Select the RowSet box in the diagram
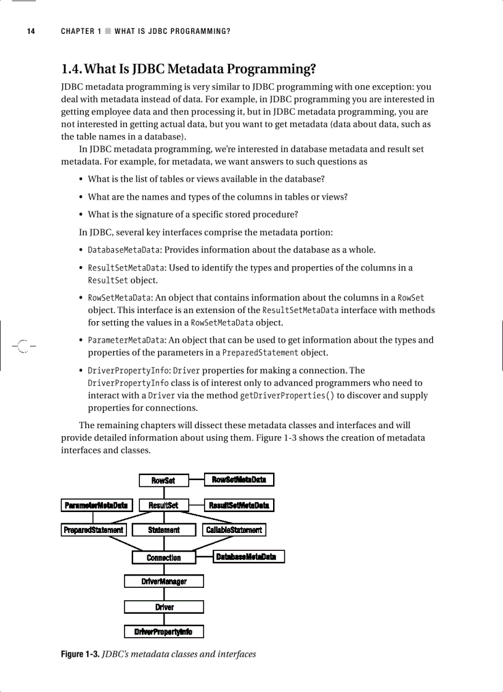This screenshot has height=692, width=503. pyautogui.click(x=163, y=480)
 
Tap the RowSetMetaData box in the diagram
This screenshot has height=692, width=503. pyautogui.click(x=239, y=479)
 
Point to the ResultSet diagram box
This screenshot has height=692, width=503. pyautogui.click(x=163, y=505)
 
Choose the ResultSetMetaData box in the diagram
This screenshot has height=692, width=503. pyautogui.click(x=239, y=505)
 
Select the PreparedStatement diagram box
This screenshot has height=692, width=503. pyautogui.click(x=94, y=530)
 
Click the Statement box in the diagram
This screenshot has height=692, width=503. pyautogui.click(x=164, y=530)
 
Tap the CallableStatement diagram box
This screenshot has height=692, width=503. pyautogui.click(x=234, y=530)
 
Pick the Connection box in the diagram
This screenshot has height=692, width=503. pyautogui.click(x=164, y=558)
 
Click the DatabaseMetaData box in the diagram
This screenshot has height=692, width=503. pyautogui.click(x=249, y=557)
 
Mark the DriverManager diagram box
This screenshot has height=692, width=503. pyautogui.click(x=164, y=581)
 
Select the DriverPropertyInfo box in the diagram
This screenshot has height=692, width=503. pyautogui.click(x=164, y=632)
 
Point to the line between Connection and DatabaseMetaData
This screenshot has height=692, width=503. pyautogui.click(x=204, y=557)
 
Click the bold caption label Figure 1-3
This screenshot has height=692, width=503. pyautogui.click(x=80, y=654)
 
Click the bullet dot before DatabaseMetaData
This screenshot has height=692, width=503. pyautogui.click(x=81, y=250)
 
